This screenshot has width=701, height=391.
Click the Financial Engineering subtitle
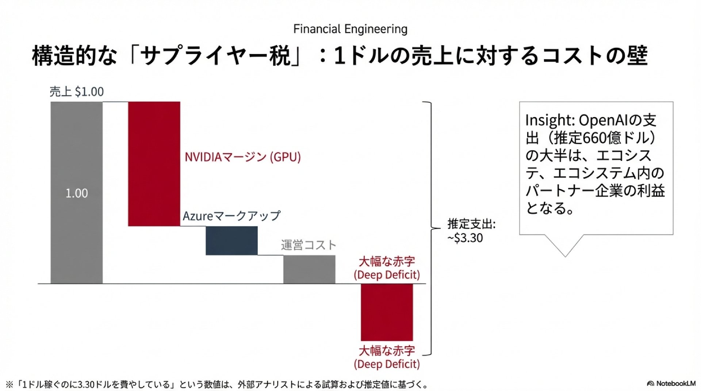350,29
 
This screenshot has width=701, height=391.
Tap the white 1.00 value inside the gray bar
77,193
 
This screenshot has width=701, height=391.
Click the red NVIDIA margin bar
154,164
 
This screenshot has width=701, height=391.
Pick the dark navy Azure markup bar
231,241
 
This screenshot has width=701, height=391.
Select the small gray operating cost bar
309,269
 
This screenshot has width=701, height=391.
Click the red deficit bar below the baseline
387,312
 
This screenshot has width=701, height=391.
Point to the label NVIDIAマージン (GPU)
242,157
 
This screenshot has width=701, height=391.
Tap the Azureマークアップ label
231,216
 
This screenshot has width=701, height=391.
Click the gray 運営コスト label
309,245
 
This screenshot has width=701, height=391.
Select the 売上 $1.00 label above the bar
77,92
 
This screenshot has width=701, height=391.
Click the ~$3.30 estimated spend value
466,238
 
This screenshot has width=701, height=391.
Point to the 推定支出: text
471,224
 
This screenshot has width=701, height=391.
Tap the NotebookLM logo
671,383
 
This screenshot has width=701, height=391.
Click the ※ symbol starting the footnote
9,384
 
